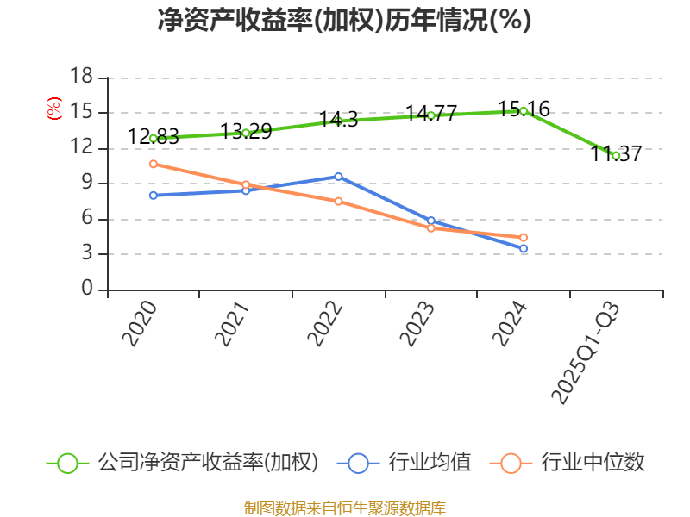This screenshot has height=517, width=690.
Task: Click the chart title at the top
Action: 344,21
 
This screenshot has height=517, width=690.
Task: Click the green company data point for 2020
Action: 154,138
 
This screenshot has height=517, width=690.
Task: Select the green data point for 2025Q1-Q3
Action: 616,155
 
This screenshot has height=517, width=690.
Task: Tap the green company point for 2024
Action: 524,111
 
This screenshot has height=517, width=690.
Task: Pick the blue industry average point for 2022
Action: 338,177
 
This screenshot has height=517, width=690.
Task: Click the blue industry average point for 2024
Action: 524,248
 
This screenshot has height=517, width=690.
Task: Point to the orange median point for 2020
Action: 154,164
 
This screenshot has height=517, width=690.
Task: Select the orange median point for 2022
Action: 338,201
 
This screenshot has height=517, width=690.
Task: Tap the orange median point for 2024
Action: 524,237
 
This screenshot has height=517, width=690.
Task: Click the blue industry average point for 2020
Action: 154,196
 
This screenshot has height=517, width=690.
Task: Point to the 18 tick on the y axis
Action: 81,78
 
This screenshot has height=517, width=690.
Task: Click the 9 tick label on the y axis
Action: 87,184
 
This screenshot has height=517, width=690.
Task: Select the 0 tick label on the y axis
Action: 87,290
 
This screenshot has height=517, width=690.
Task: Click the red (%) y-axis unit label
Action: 54,109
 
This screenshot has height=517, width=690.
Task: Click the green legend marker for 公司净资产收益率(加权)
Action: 68,463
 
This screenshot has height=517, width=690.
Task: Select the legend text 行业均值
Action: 430,463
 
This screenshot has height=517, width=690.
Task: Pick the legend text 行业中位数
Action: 593,463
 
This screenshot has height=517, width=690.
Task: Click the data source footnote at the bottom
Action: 344,508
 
